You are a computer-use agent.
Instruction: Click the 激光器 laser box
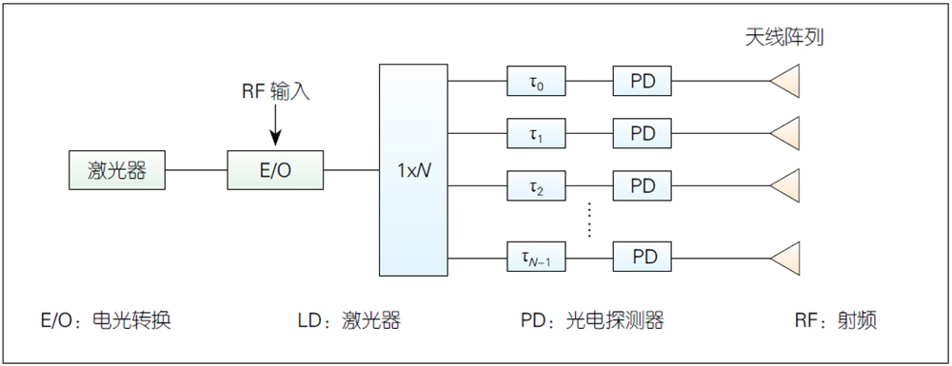(116, 170)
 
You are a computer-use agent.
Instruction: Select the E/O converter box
(275, 170)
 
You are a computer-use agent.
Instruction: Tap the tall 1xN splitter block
(413, 169)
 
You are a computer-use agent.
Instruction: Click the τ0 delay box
(536, 81)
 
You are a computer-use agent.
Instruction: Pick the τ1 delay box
(536, 133)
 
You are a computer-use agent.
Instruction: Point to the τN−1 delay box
(536, 257)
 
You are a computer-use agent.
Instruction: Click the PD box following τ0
(643, 81)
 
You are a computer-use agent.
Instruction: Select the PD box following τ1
(643, 133)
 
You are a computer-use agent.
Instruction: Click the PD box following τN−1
(643, 257)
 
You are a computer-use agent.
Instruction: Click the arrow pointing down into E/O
(275, 125)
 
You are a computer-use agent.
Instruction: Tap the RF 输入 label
(276, 91)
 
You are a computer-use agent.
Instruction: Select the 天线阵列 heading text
(784, 38)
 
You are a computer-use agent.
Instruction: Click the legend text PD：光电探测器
(592, 320)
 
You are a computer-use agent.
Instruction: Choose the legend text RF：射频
(836, 320)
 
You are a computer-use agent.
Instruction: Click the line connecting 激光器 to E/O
(196, 170)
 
